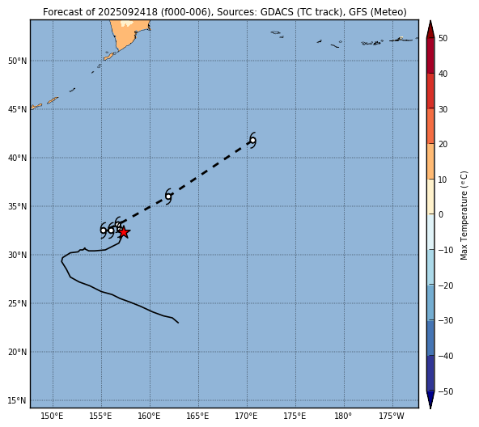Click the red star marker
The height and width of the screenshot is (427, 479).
click(x=124, y=232)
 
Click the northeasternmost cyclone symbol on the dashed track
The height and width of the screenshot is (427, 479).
click(x=252, y=141)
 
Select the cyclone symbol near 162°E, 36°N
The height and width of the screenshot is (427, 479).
click(x=168, y=196)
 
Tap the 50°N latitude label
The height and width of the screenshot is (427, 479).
click(x=18, y=61)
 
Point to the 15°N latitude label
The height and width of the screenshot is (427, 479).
click(x=18, y=400)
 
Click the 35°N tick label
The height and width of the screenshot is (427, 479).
click(x=18, y=206)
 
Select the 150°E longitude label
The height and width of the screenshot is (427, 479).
click(x=53, y=416)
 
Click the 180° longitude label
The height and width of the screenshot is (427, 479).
click(x=344, y=416)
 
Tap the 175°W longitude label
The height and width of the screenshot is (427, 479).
click(x=392, y=416)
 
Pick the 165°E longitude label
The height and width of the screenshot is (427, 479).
click(x=198, y=416)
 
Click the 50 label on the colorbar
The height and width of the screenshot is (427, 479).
click(x=443, y=39)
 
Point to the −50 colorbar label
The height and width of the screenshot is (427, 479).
click(x=445, y=391)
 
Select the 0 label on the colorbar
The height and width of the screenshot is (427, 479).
click(x=441, y=215)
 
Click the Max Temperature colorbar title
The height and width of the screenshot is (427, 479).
click(x=464, y=215)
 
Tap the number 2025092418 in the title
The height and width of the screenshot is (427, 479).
click(x=128, y=12)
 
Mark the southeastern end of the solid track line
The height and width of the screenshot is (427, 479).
click(x=178, y=323)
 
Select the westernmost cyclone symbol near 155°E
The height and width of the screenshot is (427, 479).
click(x=104, y=230)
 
